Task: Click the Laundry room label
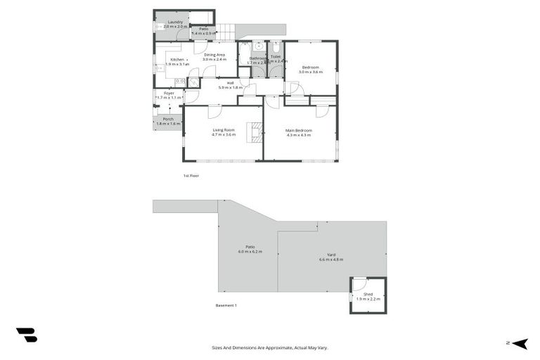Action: [175, 22]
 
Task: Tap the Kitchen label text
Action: [177, 60]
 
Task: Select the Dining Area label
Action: [214, 55]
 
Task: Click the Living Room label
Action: [224, 130]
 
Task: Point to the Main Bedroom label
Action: [299, 130]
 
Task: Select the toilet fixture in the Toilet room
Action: [276, 46]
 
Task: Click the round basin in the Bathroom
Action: [259, 46]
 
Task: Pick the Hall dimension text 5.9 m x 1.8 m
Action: [230, 88]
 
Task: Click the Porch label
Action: [168, 119]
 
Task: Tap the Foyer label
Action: [169, 93]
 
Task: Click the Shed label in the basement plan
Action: [368, 294]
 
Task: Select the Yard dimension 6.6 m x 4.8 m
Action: [330, 259]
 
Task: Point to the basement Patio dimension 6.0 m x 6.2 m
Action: [249, 251]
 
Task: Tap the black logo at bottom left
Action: [26, 335]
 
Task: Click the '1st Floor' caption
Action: [191, 175]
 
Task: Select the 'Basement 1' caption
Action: [226, 305]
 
